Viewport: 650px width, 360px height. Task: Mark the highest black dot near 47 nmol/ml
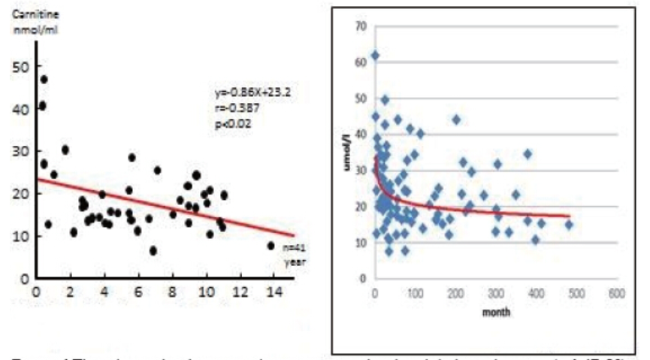click(x=44, y=79)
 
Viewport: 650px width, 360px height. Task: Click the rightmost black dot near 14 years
click(x=271, y=246)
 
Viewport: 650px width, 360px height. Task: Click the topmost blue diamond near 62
click(x=375, y=56)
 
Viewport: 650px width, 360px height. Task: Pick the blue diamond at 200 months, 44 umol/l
click(x=456, y=119)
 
